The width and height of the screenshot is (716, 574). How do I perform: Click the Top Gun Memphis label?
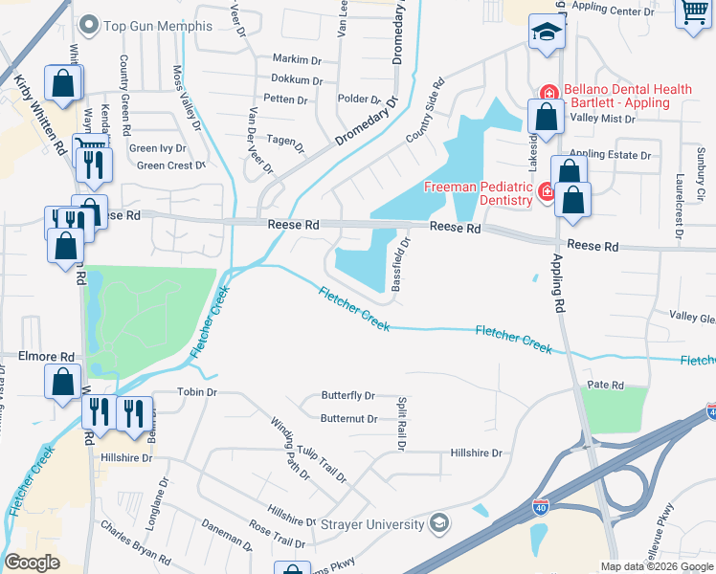point(157,25)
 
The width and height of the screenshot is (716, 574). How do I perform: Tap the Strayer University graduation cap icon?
point(439,523)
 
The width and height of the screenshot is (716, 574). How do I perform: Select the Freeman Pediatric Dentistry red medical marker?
point(545,191)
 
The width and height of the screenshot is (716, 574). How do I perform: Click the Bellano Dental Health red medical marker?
point(548,93)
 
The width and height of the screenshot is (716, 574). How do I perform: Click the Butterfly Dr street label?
point(347,395)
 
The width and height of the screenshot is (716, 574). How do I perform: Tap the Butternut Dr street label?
point(347,418)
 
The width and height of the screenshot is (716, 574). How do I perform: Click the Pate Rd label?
point(605,386)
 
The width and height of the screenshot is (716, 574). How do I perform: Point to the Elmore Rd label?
point(47,356)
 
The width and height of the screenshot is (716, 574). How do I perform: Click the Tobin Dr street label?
point(198,392)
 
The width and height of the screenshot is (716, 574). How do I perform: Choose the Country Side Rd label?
point(426,111)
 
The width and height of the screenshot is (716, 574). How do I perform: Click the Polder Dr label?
point(360,99)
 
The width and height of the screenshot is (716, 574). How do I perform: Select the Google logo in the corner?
point(32,563)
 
